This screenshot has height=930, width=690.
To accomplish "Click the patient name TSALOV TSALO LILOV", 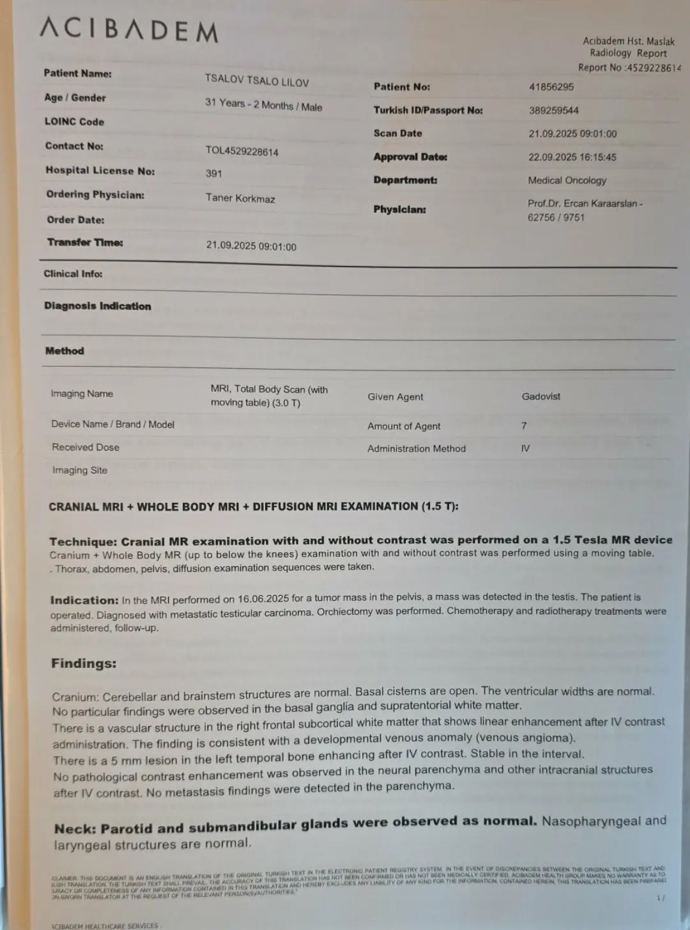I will (257, 81).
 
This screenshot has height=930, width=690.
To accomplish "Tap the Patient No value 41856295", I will (551, 87).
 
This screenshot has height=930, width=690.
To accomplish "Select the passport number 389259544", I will (553, 111).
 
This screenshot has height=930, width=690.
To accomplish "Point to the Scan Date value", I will (572, 134).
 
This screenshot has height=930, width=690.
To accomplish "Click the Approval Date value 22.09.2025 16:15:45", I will (572, 157).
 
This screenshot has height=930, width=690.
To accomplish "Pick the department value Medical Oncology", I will (567, 181).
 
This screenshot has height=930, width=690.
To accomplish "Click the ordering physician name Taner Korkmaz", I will (240, 198).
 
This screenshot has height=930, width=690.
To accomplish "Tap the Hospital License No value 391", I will (213, 173).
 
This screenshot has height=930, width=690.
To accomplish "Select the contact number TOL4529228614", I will (241, 151).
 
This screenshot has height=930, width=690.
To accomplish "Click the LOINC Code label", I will (74, 121).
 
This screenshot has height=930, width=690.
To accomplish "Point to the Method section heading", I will (65, 351).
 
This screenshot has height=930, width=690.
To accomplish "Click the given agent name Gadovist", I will (540, 396).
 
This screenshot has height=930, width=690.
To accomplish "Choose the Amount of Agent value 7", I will (524, 426).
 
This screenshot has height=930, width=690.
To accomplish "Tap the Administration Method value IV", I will (525, 449).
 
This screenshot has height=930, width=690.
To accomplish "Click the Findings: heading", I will (84, 663).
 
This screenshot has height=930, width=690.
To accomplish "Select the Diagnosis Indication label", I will (98, 306).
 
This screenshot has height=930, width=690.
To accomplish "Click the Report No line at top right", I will (629, 67).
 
